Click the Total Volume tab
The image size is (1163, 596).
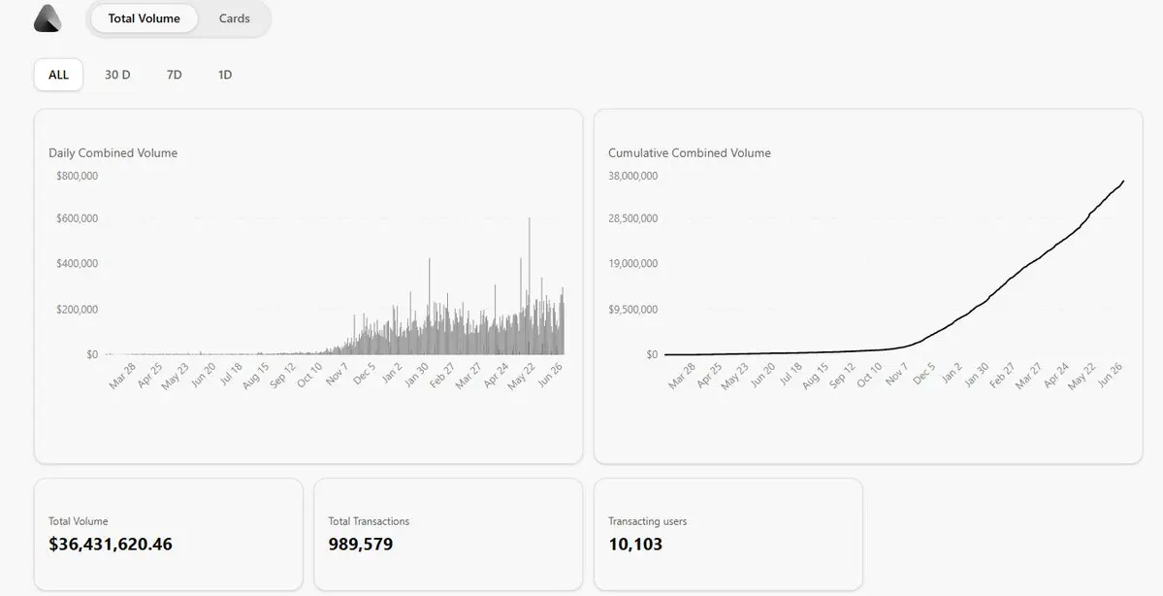144,18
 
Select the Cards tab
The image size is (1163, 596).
235,18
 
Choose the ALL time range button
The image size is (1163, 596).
58,74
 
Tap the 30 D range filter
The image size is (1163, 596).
117,74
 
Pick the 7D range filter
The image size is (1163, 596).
175,74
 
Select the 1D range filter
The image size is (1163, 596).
225,74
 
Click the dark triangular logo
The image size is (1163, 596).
48,18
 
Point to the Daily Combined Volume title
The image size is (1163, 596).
113,153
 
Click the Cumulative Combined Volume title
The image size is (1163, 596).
690,153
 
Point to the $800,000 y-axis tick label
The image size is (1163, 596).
78,176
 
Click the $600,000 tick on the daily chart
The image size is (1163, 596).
78,218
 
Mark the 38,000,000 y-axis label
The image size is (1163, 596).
632,176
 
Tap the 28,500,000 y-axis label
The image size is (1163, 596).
632,218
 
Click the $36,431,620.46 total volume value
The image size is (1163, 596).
111,544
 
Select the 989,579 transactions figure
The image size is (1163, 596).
361,544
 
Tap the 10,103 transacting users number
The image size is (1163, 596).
635,544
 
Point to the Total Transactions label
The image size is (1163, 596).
369,521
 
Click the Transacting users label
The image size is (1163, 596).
648,521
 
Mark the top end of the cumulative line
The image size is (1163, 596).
1123,181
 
